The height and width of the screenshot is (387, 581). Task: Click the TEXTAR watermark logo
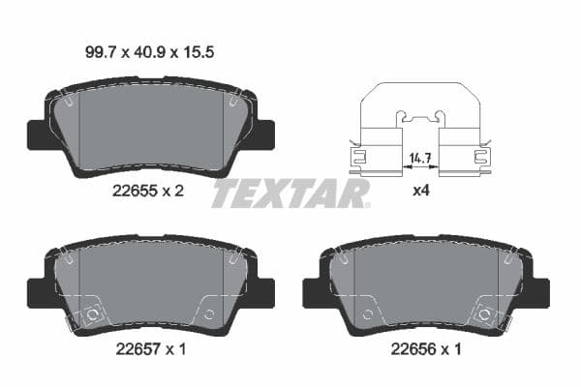[x=290, y=193]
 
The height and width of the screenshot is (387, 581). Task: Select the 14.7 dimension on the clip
[x=418, y=156]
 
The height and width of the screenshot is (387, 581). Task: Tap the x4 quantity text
[x=420, y=191]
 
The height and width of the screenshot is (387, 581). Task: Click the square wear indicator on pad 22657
[x=94, y=313]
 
